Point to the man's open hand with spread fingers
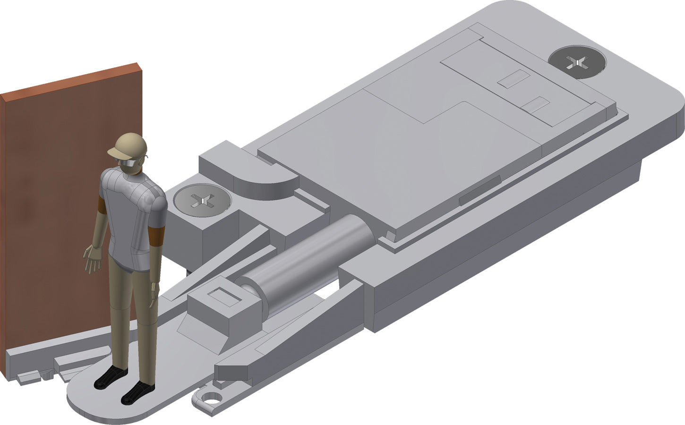coord(92,259)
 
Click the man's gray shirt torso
coord(130,212)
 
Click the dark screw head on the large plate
coord(577,61)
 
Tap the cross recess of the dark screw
coord(577,61)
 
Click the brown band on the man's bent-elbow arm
coord(156,235)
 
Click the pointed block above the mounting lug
coord(234,371)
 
